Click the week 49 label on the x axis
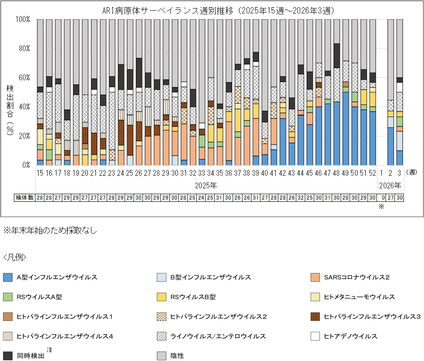[346, 171]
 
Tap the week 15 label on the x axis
[40, 171]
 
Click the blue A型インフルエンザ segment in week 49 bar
[346, 128]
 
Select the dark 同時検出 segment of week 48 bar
[337, 56]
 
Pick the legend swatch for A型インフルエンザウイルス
[8, 278]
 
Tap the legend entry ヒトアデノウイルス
[350, 336]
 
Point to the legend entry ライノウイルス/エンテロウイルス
[218, 336]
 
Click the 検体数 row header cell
[25, 198]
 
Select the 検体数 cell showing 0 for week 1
[382, 198]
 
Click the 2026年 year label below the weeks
[391, 185]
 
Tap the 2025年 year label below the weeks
[207, 185]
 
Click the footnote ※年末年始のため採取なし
[50, 231]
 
